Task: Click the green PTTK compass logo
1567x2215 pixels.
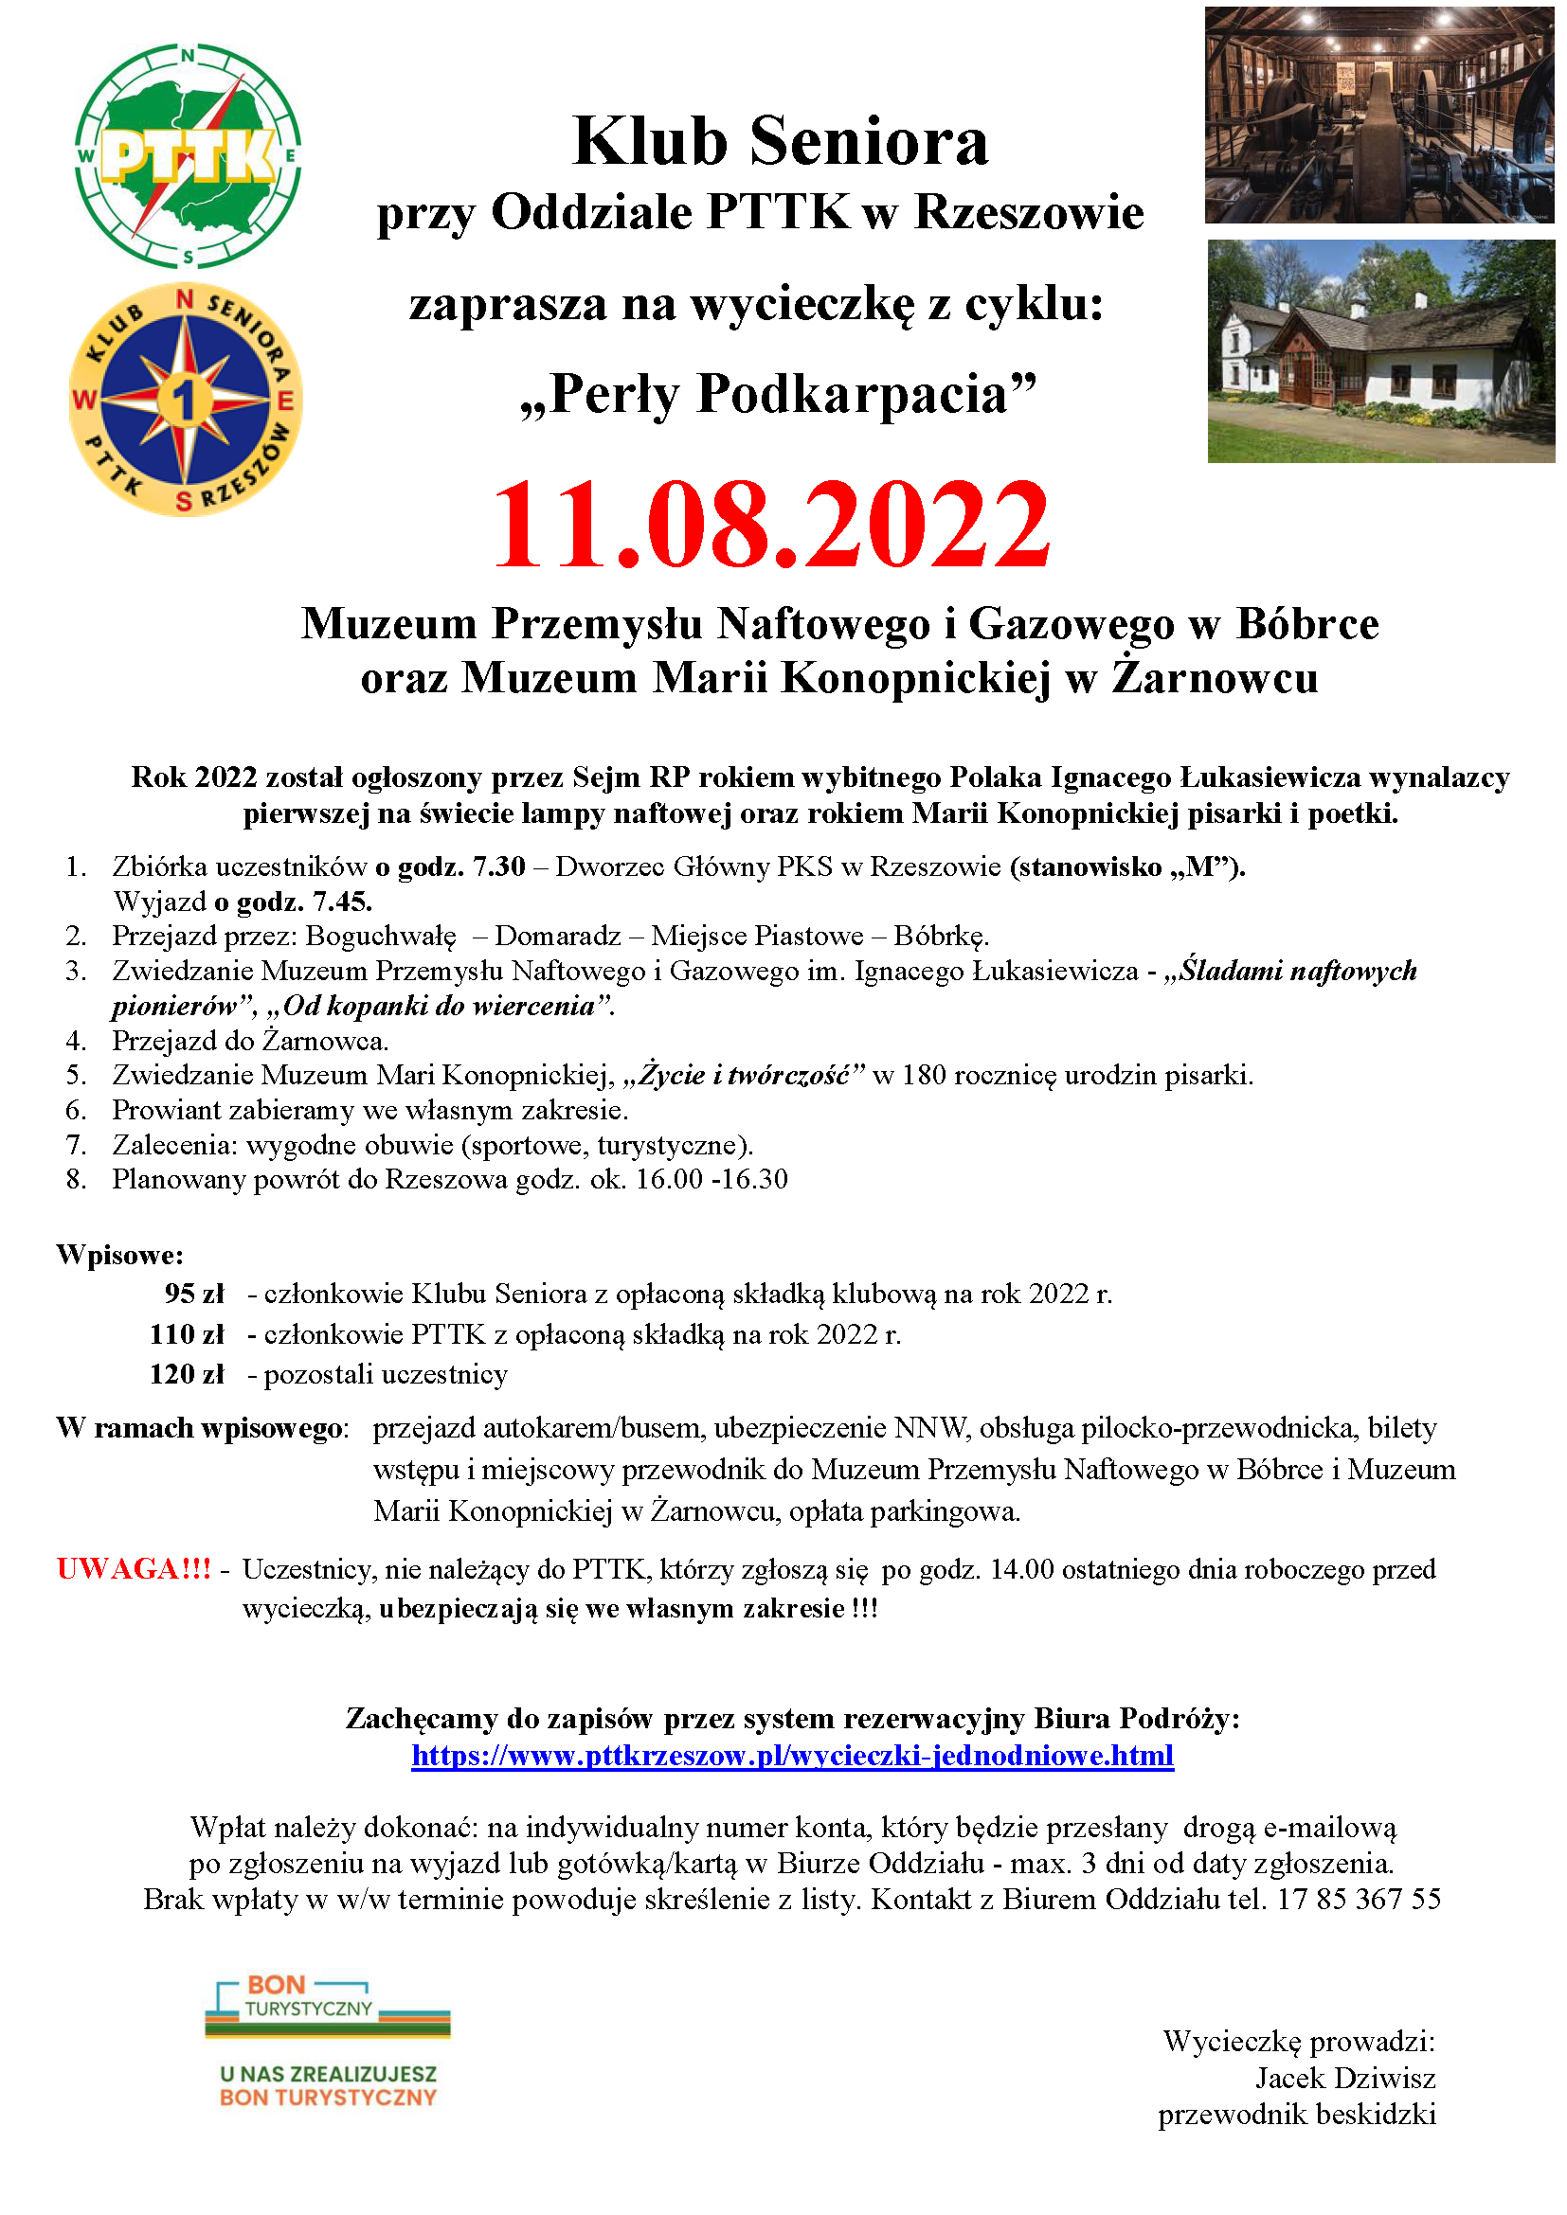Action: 189,155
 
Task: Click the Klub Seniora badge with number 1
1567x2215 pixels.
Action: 186,399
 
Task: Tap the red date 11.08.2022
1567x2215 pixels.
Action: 771,526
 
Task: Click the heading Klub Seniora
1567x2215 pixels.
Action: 781,142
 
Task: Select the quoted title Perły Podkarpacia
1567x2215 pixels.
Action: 778,395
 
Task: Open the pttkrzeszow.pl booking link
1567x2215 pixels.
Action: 792,1755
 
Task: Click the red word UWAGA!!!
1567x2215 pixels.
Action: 134,1569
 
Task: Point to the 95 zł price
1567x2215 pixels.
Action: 194,1294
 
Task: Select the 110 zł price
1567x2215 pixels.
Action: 187,1334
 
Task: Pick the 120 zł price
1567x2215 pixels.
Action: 187,1374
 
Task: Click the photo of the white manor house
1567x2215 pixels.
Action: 1379,351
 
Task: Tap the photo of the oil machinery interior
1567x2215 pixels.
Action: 1378,115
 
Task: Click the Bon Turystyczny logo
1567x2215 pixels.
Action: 328,2041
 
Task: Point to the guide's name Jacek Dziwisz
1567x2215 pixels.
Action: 1345,2078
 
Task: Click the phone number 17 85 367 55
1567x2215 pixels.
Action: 1359,1900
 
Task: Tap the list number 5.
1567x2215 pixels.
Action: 76,1076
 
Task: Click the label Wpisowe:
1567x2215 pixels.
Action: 119,1255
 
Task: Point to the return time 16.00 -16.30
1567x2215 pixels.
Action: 711,1180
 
